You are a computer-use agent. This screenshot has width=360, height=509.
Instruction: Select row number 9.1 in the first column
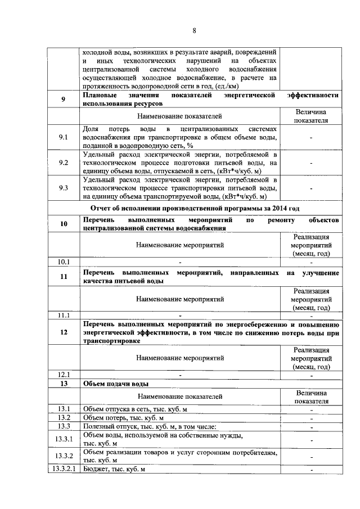[64, 137]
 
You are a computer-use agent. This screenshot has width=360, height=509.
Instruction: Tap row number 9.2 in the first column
[64, 163]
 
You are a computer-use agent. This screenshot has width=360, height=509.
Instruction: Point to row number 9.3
[64, 188]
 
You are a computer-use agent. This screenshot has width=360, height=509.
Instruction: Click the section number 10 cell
[64, 224]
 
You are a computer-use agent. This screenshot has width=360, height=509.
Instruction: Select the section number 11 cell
[64, 276]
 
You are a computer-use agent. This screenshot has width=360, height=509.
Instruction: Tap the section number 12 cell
[64, 332]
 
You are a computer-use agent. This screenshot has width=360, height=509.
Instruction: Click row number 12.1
[64, 375]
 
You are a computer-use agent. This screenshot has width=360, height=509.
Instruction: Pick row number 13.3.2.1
[64, 469]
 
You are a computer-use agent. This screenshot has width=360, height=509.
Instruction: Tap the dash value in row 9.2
[311, 163]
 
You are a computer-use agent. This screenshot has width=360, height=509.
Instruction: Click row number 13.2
[64, 418]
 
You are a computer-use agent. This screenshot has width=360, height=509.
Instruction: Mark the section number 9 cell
[64, 100]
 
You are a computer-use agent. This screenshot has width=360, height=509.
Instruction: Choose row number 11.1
[64, 316]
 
